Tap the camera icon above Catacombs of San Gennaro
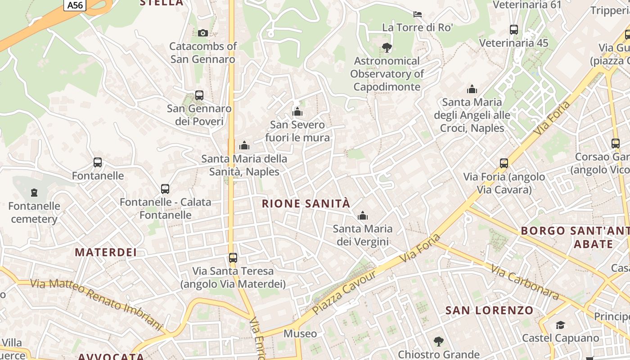203,33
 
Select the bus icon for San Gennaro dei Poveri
199,95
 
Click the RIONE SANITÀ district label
306,203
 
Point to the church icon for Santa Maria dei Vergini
362,216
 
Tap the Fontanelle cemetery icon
34,193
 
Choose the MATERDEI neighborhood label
106,252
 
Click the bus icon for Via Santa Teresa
233,258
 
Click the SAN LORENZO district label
489,310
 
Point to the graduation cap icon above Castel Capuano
560,325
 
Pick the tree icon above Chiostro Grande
439,342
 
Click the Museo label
300,334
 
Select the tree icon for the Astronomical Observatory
387,47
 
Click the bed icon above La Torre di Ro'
418,14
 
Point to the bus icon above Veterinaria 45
514,30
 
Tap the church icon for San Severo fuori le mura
297,112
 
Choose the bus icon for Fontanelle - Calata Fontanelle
165,189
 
